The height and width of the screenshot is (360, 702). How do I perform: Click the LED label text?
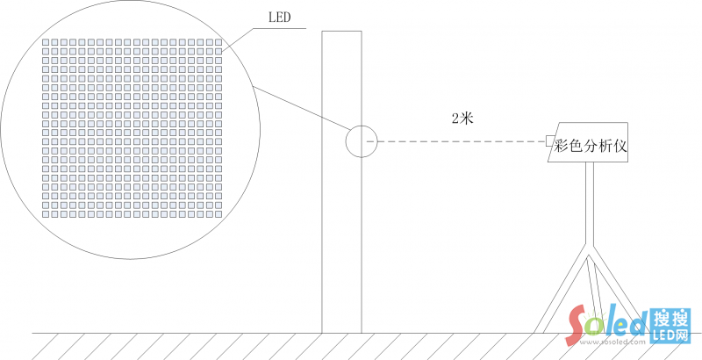click(x=279, y=18)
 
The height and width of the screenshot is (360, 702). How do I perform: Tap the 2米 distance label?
click(x=462, y=119)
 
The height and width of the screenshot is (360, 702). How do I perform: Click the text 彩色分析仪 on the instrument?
click(x=591, y=146)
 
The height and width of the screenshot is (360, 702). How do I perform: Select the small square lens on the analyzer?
click(x=549, y=140)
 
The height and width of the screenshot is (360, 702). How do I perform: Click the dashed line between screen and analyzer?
click(x=455, y=141)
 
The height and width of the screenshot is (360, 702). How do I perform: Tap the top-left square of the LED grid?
click(x=46, y=42)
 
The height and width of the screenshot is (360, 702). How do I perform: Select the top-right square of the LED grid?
click(x=218, y=42)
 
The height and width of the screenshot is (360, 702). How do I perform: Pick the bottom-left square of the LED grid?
click(x=46, y=214)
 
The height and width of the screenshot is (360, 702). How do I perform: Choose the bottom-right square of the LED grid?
click(x=218, y=214)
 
